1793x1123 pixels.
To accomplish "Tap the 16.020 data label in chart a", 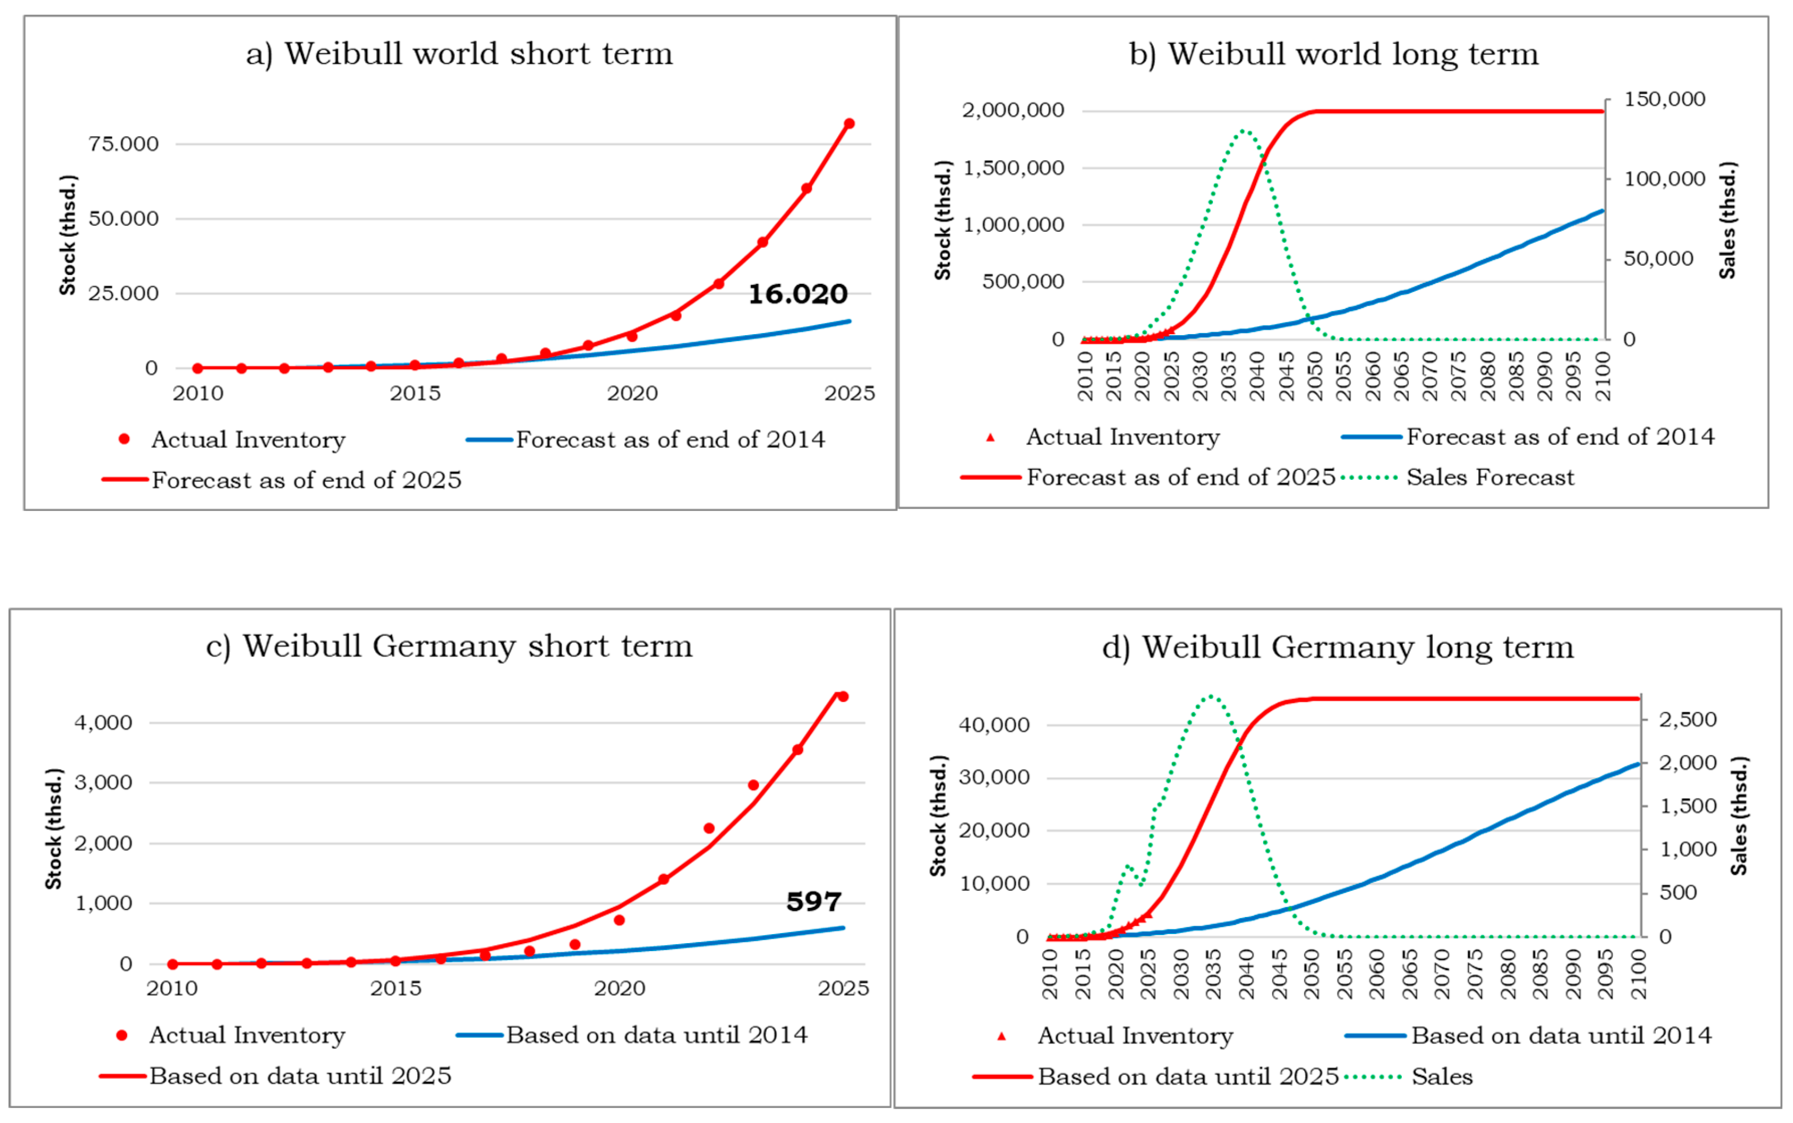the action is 797,294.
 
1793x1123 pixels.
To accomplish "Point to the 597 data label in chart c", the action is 814,901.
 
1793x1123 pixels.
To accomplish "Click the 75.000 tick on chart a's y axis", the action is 123,144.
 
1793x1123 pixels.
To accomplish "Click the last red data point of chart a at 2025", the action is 848,123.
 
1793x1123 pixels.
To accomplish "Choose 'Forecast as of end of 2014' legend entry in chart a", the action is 646,440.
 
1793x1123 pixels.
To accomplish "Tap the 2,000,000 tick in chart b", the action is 1013,110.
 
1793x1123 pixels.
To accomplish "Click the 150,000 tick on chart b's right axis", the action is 1664,99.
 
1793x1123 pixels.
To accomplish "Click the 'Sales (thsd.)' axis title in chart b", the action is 1728,220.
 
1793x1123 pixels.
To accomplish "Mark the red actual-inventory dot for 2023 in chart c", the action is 753,785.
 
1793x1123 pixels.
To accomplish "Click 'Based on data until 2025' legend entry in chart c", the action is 275,1076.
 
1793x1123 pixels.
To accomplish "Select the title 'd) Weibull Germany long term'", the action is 1338,647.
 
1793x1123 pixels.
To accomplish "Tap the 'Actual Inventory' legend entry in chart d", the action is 1115,1035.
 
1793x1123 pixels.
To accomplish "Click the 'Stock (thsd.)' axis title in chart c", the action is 53,829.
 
